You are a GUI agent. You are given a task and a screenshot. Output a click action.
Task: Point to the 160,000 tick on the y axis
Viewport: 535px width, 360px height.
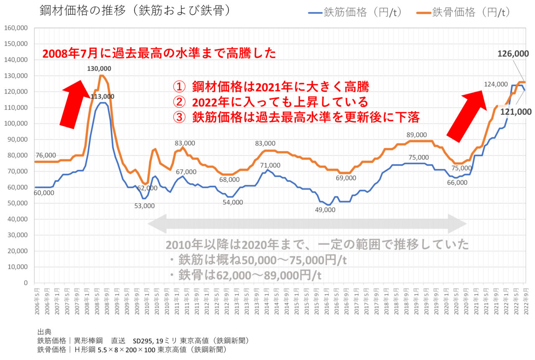tap(15, 28)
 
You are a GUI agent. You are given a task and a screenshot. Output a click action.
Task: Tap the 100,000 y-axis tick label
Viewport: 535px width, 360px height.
tap(15, 124)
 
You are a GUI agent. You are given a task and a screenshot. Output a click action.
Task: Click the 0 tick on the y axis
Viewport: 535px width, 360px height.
tap(25, 283)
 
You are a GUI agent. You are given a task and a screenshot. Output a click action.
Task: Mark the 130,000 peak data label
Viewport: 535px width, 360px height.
tap(100, 68)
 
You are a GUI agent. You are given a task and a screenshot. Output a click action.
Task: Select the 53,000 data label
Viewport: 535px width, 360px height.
tap(144, 205)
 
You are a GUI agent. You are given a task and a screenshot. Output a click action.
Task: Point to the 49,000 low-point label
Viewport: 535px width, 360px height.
tap(325, 210)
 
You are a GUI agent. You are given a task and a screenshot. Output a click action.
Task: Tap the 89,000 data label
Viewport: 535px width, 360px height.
tap(416, 135)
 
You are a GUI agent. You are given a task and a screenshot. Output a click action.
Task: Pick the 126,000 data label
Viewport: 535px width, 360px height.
tap(514, 54)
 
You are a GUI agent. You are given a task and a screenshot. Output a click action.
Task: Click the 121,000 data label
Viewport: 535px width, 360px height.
tap(516, 112)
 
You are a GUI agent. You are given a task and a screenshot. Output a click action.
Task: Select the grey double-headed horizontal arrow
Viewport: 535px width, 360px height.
tap(307, 224)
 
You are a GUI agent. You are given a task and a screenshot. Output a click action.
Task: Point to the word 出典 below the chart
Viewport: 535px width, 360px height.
tap(45, 332)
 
